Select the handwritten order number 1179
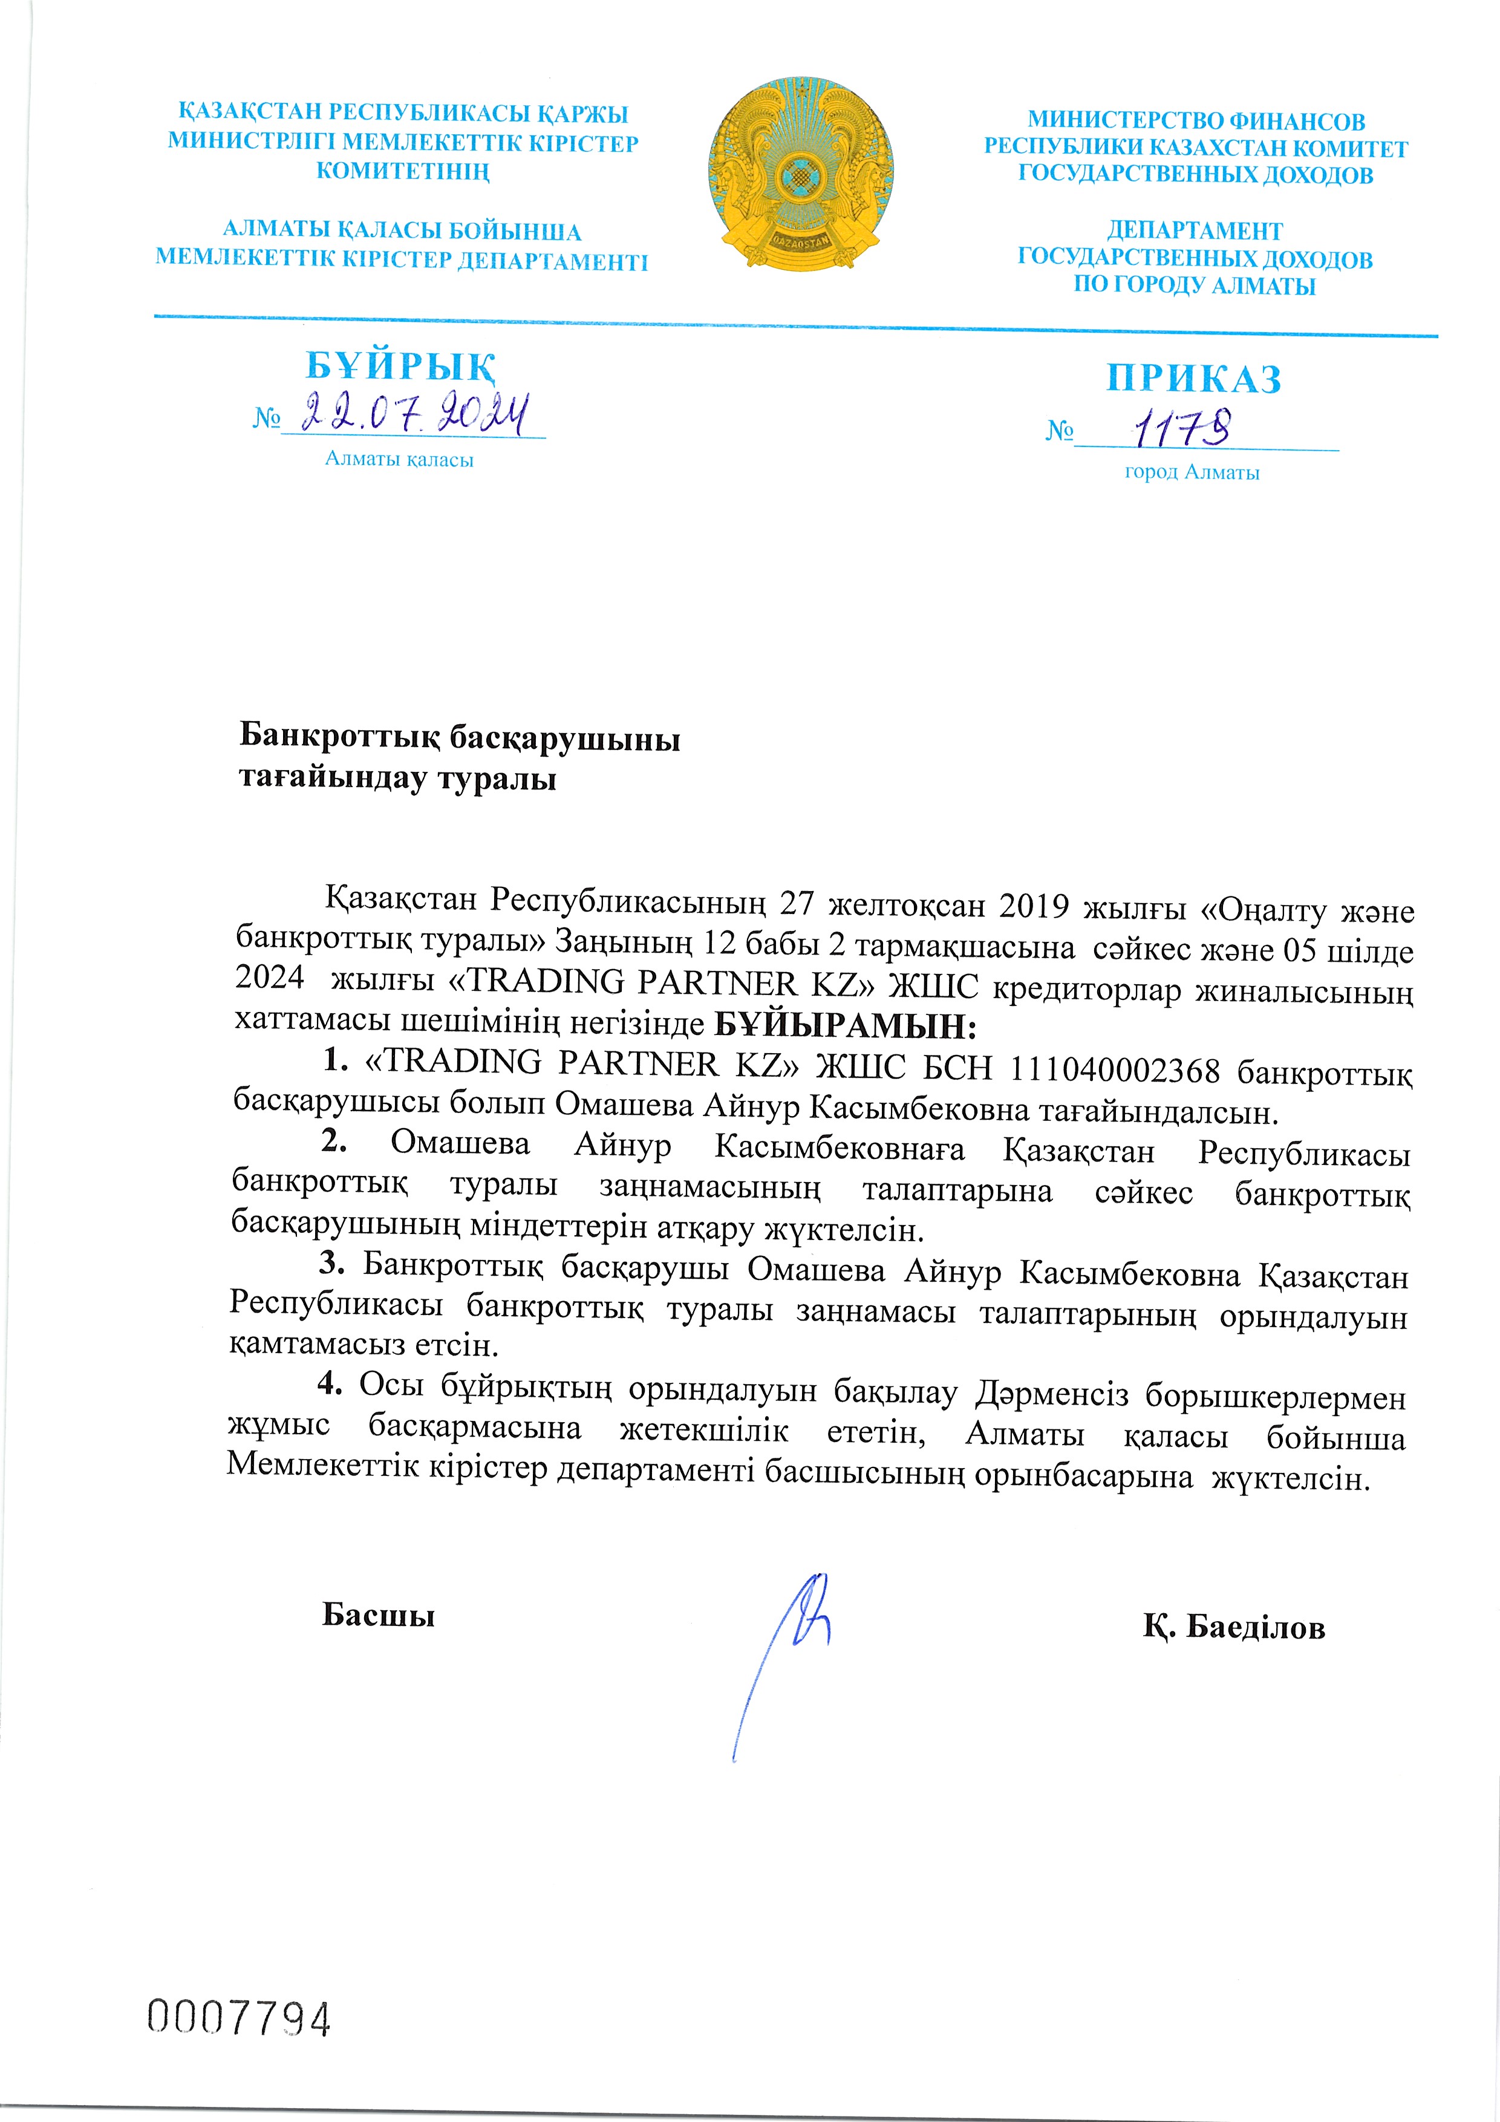pos(1180,427)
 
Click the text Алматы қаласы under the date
pos(399,459)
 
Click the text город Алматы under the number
pos(1192,473)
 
